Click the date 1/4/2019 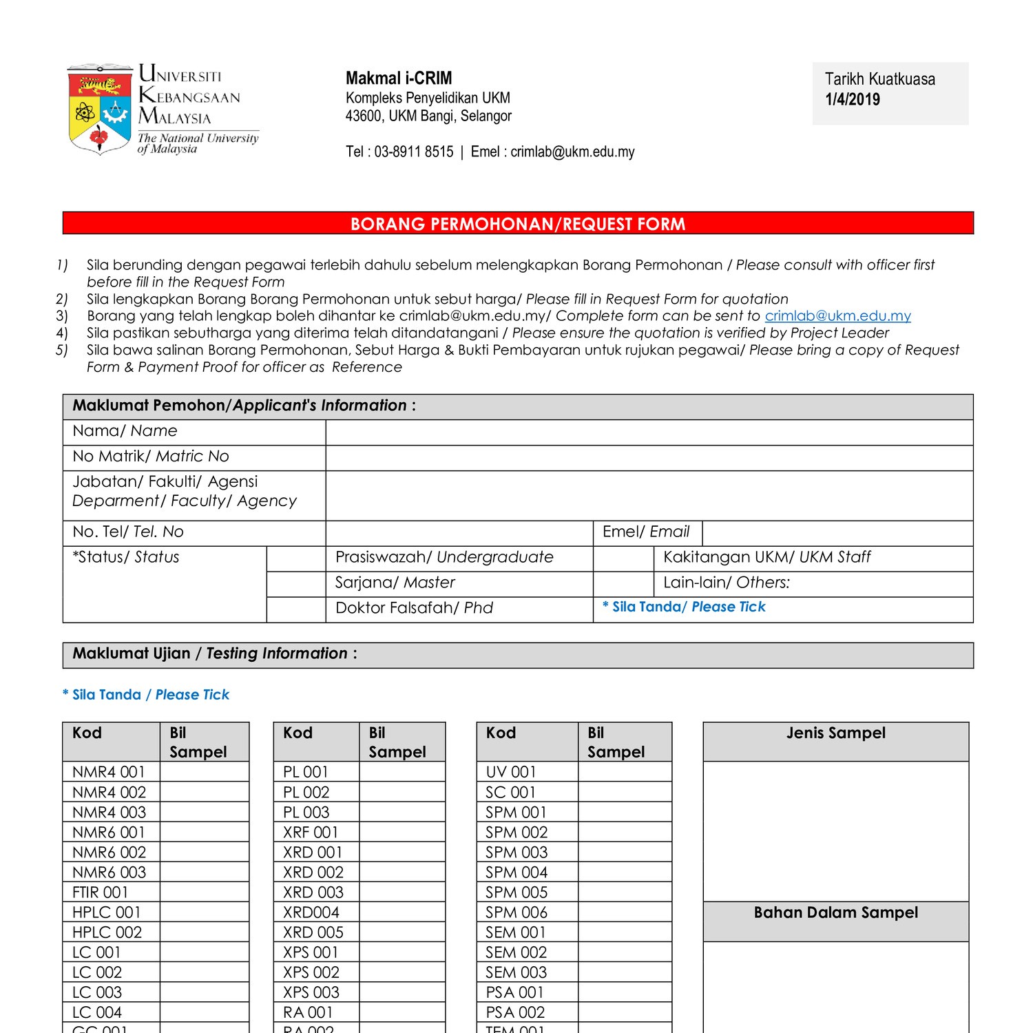tap(852, 99)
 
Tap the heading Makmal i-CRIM tap(399, 78)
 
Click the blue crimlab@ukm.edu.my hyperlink tap(837, 316)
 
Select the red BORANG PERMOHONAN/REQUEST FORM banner tap(518, 223)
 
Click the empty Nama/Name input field tap(649, 432)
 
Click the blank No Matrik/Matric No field tap(649, 458)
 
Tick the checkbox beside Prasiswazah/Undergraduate tap(295, 559)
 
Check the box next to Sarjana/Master tap(295, 584)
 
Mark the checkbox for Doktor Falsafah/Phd tap(295, 609)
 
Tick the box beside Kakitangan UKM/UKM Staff tap(623, 559)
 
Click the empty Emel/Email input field tap(837, 533)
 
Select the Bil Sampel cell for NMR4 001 tap(204, 771)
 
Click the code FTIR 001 tap(101, 892)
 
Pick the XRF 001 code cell tap(311, 832)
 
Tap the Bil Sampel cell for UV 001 tap(625, 771)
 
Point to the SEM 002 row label tap(516, 952)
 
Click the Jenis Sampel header tap(835, 733)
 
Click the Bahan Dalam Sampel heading tap(835, 913)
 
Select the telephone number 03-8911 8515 tap(413, 152)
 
